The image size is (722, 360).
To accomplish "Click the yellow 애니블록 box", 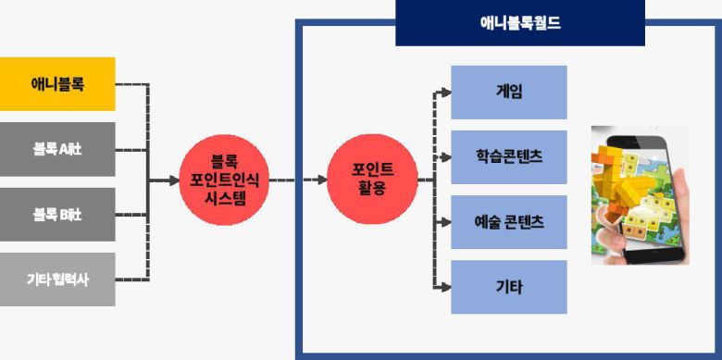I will pos(57,84).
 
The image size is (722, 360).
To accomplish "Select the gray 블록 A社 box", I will pos(57,149).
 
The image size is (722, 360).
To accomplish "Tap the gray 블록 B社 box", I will pos(57,214).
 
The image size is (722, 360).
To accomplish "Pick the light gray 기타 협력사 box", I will pos(57,279).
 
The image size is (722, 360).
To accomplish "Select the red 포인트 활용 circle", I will pos(373,181).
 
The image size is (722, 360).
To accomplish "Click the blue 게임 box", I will pos(508,92).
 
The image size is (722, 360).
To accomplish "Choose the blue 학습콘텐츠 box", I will pos(508,156).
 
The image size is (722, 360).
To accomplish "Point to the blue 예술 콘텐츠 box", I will pos(508,222).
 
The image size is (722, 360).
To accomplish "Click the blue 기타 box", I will pos(508,287).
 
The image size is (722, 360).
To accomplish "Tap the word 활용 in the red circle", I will pos(373,189).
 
